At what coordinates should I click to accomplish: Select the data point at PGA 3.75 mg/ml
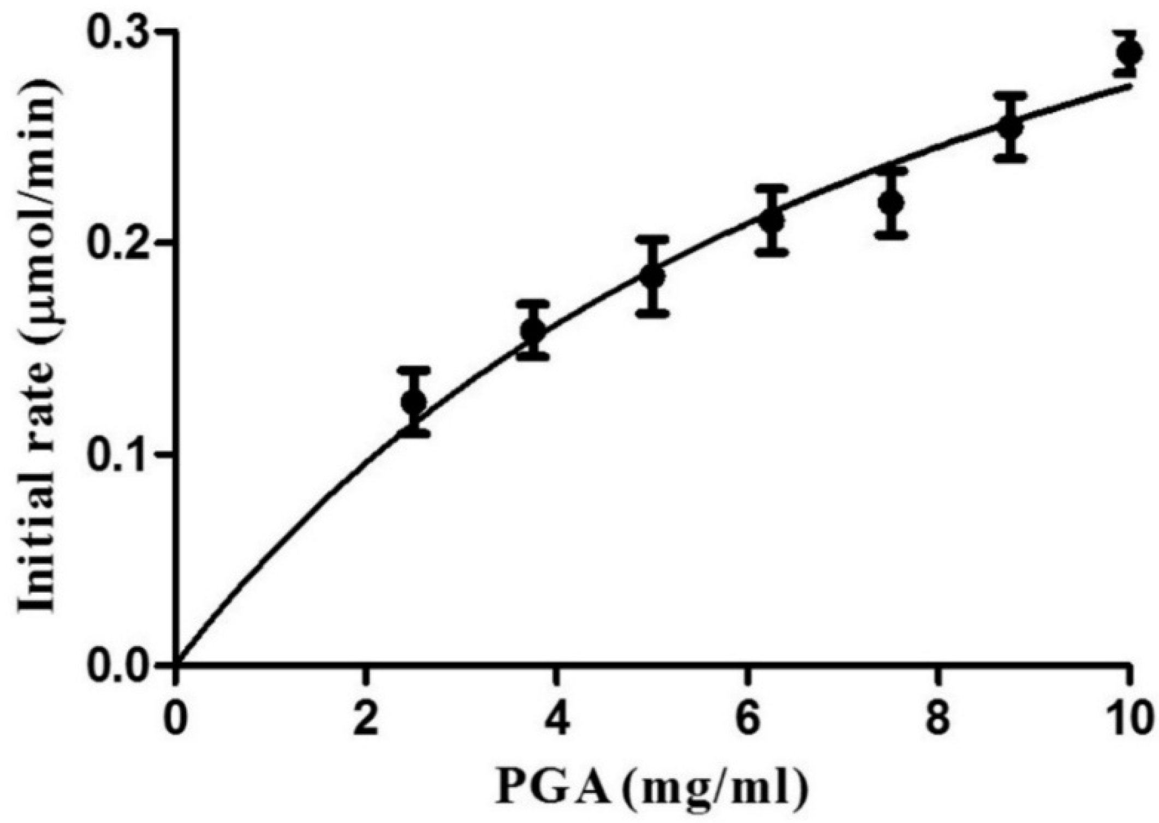tap(533, 330)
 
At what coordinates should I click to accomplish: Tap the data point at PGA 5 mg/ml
tap(652, 276)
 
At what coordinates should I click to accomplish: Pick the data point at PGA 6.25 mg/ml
tap(771, 221)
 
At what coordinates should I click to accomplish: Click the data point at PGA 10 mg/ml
tap(1128, 53)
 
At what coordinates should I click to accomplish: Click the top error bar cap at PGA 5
tap(652, 239)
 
